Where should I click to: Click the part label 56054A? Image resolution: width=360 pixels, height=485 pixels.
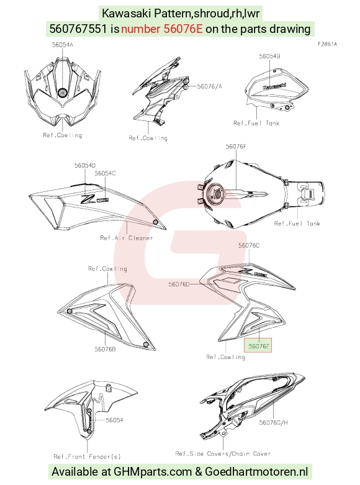click(x=63, y=45)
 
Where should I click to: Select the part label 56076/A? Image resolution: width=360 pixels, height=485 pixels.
click(x=209, y=86)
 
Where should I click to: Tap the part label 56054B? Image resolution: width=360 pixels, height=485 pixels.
click(x=270, y=56)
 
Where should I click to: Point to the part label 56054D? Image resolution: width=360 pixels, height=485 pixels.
click(x=85, y=165)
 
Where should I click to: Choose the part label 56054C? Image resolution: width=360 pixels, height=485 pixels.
click(x=105, y=173)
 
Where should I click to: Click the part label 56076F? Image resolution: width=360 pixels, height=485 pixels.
click(x=236, y=147)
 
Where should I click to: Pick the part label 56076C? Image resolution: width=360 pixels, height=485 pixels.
click(x=249, y=245)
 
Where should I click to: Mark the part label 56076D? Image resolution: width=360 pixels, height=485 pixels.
click(x=179, y=284)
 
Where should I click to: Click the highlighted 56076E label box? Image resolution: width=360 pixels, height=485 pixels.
click(x=258, y=346)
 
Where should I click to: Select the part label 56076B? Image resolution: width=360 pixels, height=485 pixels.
click(x=105, y=349)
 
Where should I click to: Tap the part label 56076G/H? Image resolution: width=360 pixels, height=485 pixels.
click(x=273, y=422)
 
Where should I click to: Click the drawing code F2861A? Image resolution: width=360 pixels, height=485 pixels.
click(x=327, y=44)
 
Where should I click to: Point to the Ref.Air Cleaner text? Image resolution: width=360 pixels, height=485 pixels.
click(x=127, y=238)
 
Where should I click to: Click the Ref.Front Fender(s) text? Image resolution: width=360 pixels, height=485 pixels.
click(x=88, y=456)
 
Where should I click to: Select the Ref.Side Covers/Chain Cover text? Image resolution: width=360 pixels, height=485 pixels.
click(x=223, y=454)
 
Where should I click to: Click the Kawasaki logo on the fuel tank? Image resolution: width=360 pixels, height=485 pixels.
click(x=274, y=86)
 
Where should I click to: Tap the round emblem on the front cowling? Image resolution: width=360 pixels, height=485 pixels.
click(x=63, y=93)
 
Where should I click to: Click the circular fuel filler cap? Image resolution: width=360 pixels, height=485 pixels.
click(x=215, y=194)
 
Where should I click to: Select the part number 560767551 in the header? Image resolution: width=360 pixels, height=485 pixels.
click(x=78, y=29)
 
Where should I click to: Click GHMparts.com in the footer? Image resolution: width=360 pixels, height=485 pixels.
click(x=153, y=472)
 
